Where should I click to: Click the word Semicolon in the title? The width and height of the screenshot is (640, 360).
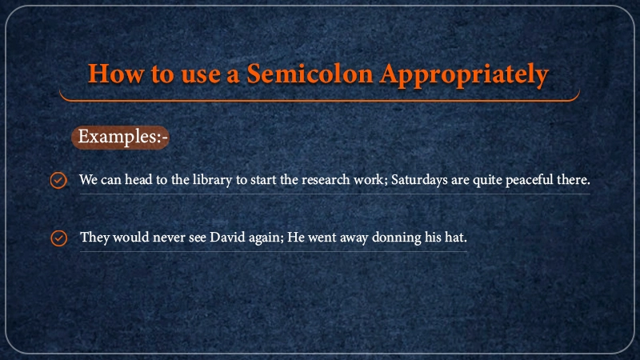[310, 74]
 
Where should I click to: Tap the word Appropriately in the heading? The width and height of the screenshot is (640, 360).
[464, 75]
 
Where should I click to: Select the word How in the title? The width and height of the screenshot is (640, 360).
[116, 74]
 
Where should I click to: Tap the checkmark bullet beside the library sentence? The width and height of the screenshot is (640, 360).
[58, 180]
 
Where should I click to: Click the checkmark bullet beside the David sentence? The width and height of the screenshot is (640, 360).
[58, 238]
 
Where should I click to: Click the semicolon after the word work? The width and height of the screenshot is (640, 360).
[386, 182]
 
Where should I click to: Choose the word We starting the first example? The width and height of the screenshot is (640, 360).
[88, 179]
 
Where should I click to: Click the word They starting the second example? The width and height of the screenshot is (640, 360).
[94, 238]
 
